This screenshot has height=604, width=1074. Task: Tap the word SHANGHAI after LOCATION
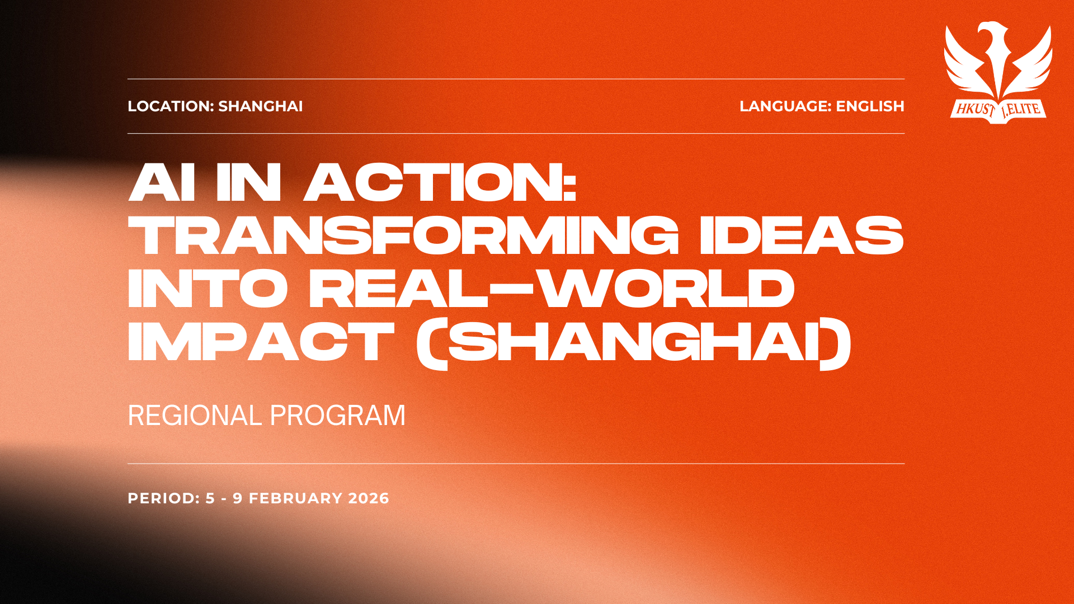pos(260,106)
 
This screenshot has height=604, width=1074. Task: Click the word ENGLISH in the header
pos(870,106)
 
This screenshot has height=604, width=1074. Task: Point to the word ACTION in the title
pos(440,182)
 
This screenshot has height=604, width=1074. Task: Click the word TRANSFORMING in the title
pos(403,235)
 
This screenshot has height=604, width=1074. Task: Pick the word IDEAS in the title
pos(802,235)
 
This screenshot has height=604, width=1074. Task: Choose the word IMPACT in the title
pos(261,342)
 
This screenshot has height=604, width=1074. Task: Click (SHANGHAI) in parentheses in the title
pos(634,343)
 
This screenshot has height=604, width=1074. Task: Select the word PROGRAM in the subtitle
pos(338,416)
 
